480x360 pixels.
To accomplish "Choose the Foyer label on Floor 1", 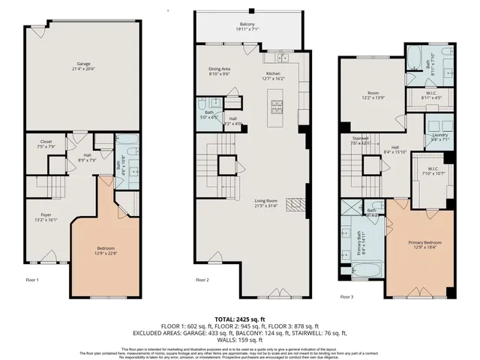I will [41, 217].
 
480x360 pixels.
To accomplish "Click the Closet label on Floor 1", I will [46, 143].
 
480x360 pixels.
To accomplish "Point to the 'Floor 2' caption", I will [202, 280].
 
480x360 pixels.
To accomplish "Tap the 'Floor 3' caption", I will [346, 297].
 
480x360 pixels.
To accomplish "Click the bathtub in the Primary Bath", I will [363, 269].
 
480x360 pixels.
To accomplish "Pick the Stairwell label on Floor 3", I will [362, 140].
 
